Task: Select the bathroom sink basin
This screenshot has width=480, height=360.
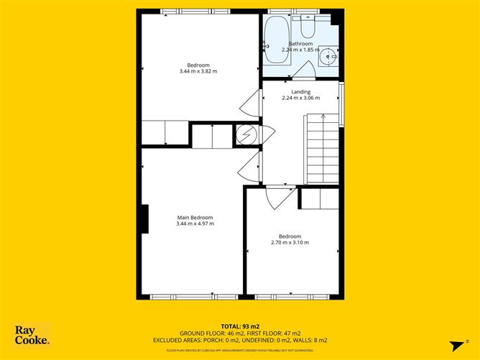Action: (x=329, y=54)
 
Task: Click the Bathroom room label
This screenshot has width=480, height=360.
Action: (x=301, y=44)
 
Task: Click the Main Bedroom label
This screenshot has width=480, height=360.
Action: (x=195, y=218)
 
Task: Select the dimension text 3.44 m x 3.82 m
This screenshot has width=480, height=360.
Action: (x=198, y=71)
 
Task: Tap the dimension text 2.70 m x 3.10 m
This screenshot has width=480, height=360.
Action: (x=290, y=243)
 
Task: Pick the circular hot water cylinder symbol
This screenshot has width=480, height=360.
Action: (x=246, y=134)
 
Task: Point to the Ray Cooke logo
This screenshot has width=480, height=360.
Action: (x=32, y=336)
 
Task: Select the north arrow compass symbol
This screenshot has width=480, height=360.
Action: (x=453, y=342)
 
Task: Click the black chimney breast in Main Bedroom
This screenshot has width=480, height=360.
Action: (x=144, y=218)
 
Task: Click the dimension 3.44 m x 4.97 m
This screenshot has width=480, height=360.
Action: (x=195, y=224)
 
